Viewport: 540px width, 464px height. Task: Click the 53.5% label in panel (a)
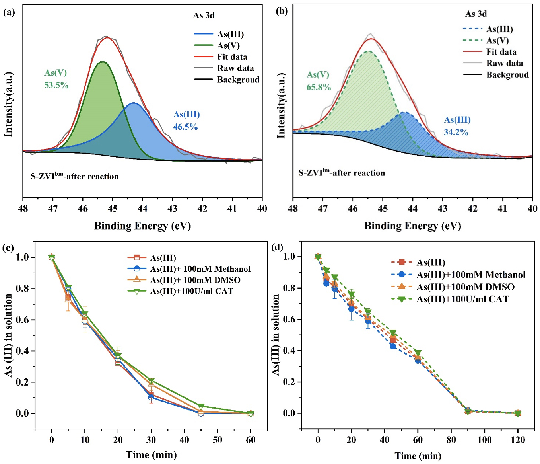coord(56,85)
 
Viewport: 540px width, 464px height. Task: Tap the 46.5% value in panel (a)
coord(185,127)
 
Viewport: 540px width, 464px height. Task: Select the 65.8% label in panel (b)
coord(319,87)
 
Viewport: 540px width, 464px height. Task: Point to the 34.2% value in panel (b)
coord(456,132)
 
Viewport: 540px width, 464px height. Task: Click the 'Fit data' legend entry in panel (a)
coord(232,57)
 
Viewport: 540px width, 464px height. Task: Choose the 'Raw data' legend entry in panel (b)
coord(504,63)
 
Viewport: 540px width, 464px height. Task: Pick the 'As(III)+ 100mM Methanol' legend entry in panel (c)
coord(200,269)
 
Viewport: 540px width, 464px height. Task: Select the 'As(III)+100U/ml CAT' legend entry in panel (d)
coord(462,299)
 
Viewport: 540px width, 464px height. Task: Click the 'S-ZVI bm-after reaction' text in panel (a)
coord(75,176)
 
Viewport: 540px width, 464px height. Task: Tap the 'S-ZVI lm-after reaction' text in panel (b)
coord(342,173)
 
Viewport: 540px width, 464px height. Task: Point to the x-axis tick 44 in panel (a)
coord(143,209)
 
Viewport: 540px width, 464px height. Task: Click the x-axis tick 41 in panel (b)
coord(502,209)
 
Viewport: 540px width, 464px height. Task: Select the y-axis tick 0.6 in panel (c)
coord(23,320)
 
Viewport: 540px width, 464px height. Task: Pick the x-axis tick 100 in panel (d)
coord(484,440)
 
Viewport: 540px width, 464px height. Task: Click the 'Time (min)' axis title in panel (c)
coord(151,454)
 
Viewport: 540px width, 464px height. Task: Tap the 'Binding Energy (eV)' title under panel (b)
coord(413,226)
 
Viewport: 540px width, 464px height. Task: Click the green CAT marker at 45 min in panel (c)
coord(201,406)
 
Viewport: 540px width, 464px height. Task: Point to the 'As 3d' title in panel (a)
coord(204,16)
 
